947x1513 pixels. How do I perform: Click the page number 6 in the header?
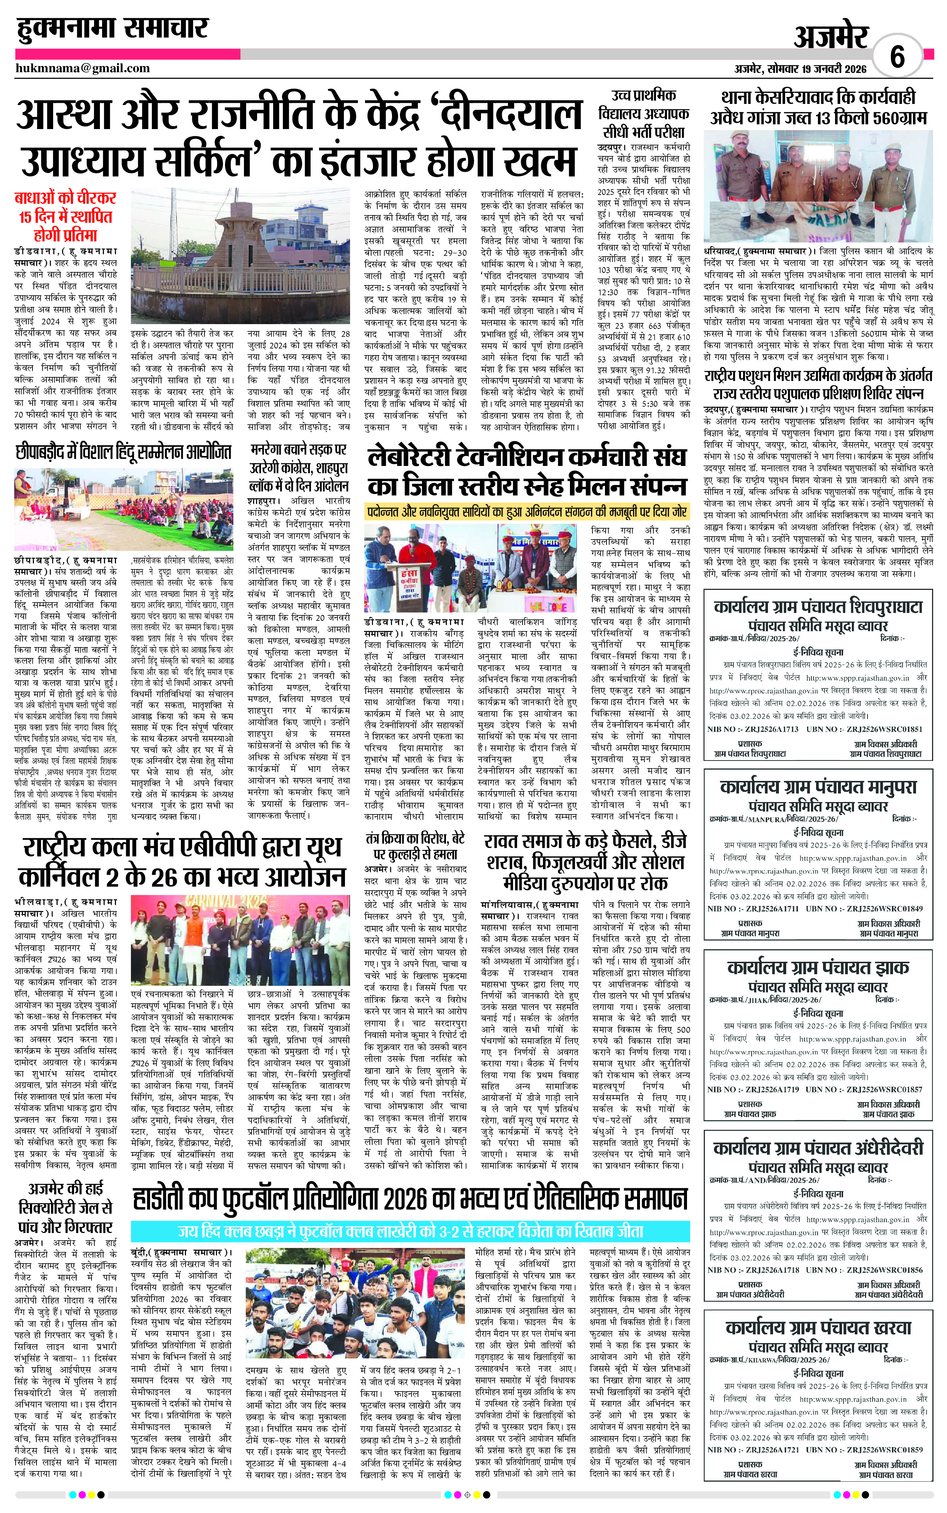click(x=897, y=58)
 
